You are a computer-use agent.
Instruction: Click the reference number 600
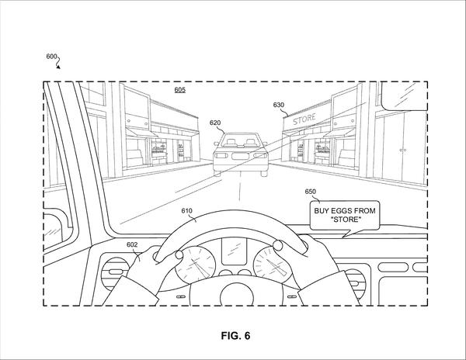tap(51, 56)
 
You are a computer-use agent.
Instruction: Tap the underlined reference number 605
tap(180, 90)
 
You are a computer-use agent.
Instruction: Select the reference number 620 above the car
tap(215, 123)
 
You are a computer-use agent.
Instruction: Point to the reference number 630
tap(279, 105)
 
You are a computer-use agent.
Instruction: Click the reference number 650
tap(310, 192)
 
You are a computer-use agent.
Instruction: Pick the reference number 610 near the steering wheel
tap(186, 211)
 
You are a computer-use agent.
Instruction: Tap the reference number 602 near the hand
tap(132, 244)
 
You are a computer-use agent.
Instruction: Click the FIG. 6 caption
tap(235, 336)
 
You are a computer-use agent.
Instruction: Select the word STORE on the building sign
tap(304, 119)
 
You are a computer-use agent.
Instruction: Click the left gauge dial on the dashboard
tap(195, 263)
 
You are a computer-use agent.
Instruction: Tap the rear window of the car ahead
tap(239, 140)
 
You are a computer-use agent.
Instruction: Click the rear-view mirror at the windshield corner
tap(404, 95)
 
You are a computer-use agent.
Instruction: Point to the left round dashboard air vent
tap(114, 272)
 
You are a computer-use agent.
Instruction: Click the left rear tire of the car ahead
tap(217, 173)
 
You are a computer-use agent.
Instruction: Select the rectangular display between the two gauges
tap(234, 251)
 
